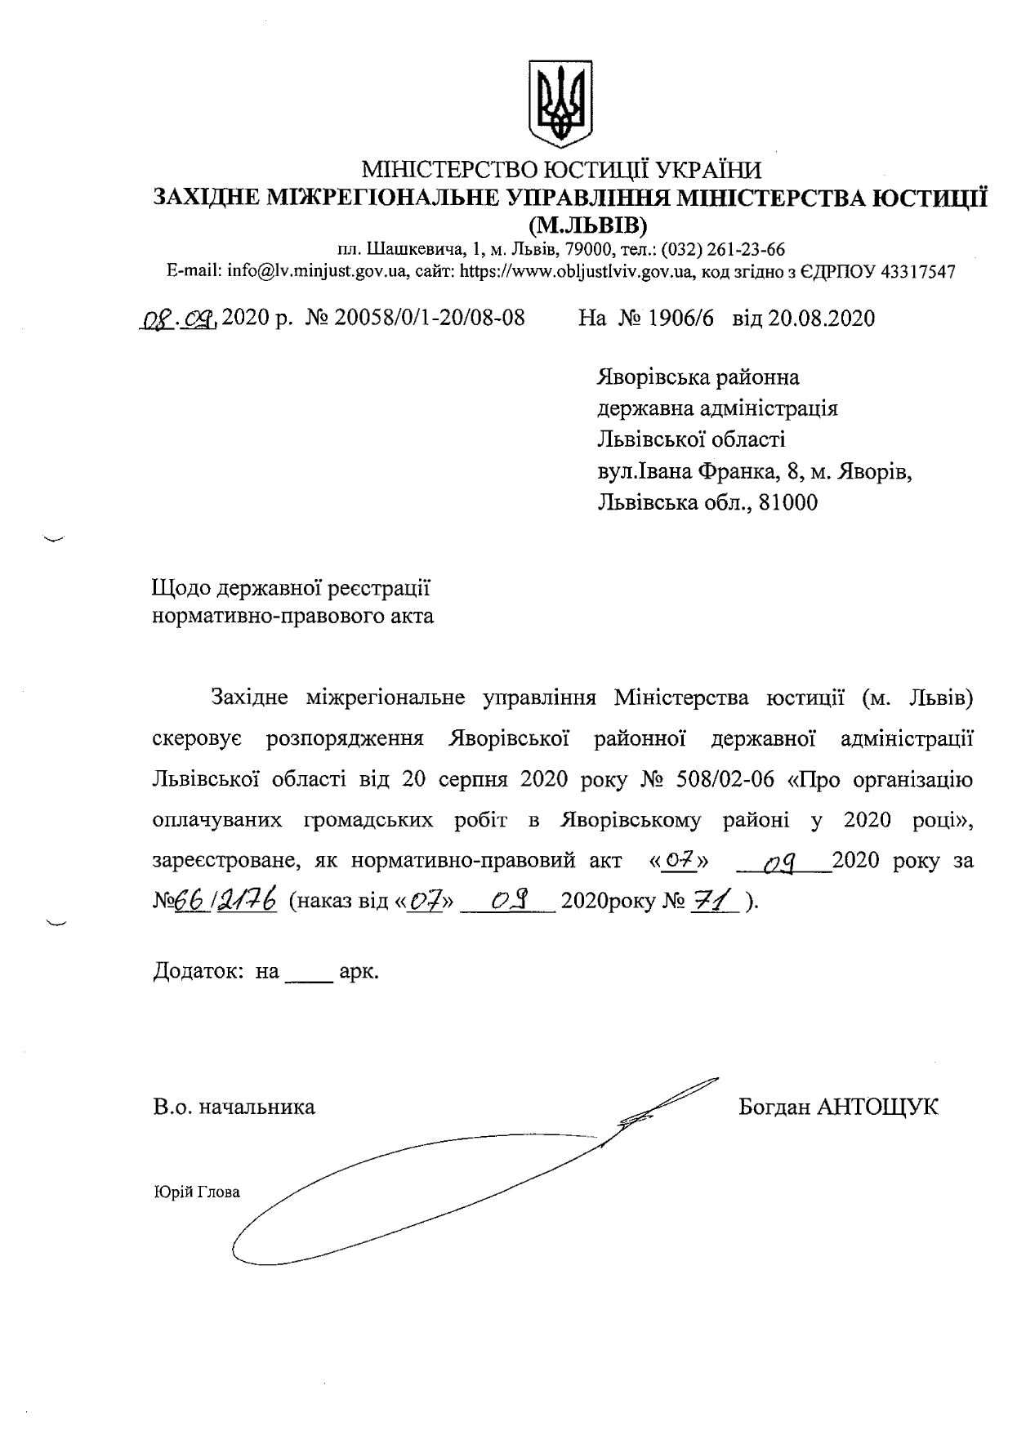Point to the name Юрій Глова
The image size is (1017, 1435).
click(197, 1192)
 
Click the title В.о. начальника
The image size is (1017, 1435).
click(234, 1107)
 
